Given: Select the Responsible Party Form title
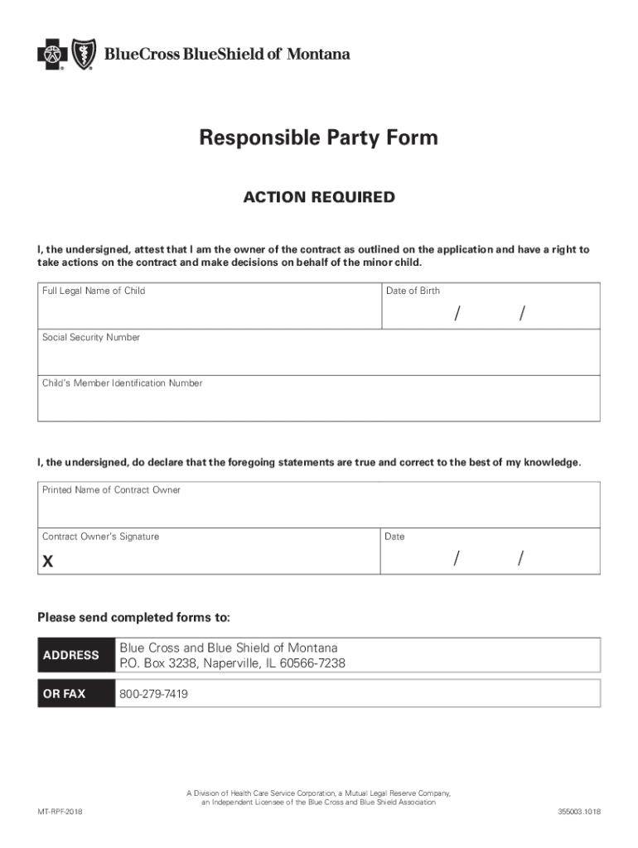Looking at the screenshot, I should [x=318, y=137].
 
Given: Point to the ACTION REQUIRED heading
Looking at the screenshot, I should [x=318, y=198].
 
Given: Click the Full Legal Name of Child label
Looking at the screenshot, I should [x=94, y=291].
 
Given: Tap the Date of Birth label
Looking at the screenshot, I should [x=413, y=291].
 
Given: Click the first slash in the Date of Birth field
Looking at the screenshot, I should [x=457, y=314].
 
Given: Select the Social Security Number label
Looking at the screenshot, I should [x=91, y=338].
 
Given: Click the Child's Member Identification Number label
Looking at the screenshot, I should [x=123, y=383].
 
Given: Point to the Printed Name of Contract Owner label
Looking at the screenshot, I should [x=111, y=490].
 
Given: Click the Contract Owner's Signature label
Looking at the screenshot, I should [x=100, y=537].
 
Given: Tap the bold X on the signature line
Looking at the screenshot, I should [x=48, y=561].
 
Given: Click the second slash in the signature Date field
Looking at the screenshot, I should [x=521, y=559].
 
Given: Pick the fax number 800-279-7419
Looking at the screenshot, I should [x=154, y=694].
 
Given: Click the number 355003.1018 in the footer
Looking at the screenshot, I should [x=579, y=811].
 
